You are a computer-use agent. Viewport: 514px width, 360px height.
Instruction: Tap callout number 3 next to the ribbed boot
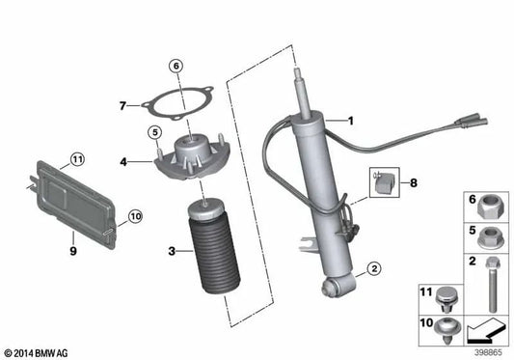click(x=172, y=251)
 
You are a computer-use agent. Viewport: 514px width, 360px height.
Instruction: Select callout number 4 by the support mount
click(x=123, y=161)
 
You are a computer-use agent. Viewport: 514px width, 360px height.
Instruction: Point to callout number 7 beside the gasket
click(x=122, y=105)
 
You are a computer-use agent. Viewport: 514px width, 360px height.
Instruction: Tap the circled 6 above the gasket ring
click(x=175, y=67)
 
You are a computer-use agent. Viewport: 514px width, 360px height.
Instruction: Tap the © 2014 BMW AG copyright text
click(x=38, y=353)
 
